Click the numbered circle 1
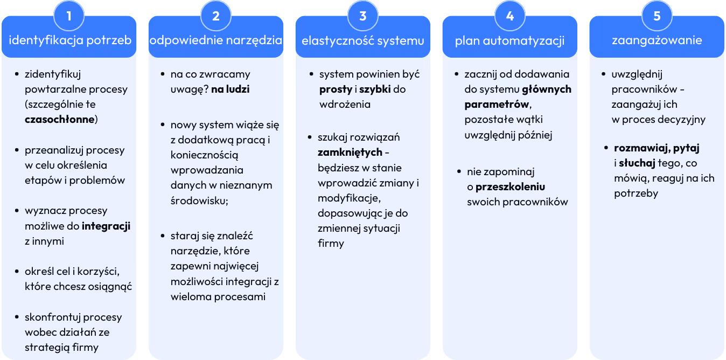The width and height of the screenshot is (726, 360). [69, 16]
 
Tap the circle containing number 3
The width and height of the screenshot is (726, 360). [363, 16]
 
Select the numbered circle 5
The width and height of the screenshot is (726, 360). [657, 16]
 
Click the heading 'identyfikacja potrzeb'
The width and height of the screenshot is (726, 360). [71, 40]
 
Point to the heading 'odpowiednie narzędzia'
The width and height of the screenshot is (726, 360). [216, 40]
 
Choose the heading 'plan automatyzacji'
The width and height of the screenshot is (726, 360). [509, 41]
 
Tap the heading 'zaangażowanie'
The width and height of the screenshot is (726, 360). [657, 40]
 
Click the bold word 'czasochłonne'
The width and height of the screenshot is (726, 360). [60, 119]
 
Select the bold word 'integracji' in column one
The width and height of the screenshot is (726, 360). [106, 226]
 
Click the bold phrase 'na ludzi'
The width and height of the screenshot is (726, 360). [230, 89]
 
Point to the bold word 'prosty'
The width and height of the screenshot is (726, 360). [336, 89]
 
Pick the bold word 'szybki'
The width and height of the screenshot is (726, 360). [375, 89]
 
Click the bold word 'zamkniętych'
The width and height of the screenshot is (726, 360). [350, 152]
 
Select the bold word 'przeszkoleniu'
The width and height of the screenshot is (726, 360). [511, 187]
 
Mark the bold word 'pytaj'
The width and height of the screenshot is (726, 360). [686, 148]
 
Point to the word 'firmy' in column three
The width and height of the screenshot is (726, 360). [331, 243]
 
